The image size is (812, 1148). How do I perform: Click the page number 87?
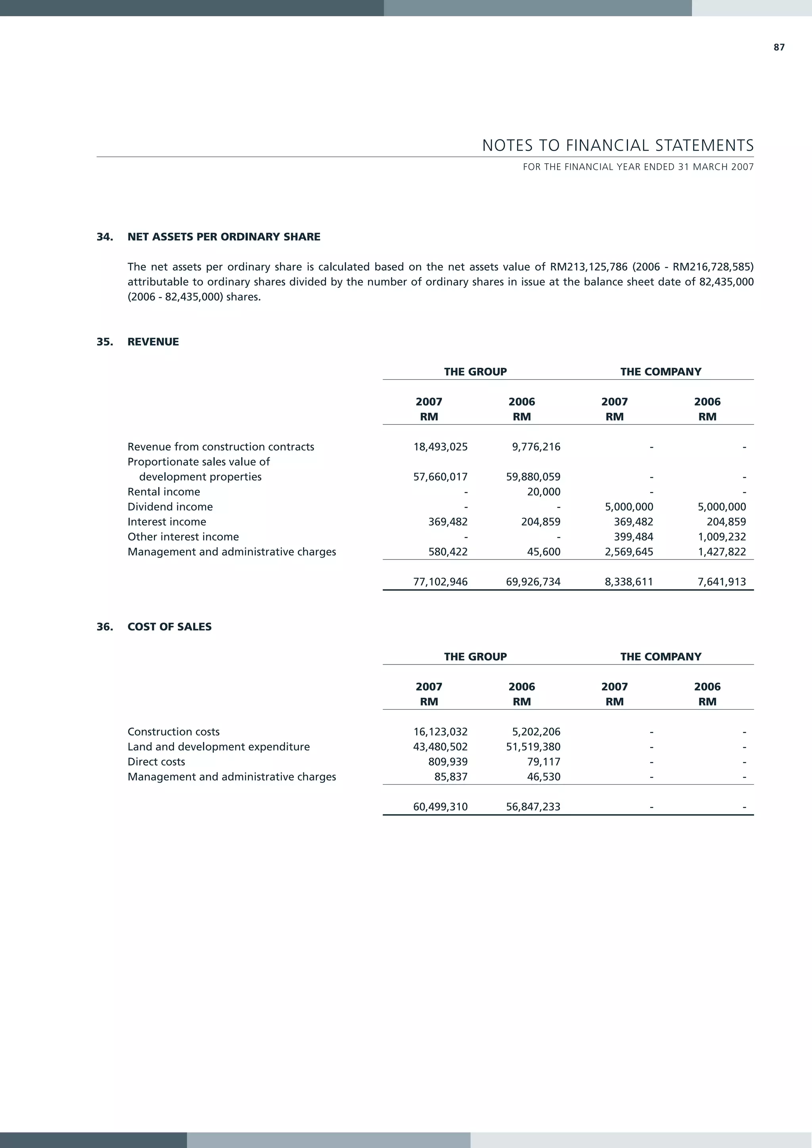coord(779,48)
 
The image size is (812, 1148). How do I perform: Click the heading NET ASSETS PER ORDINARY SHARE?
coord(224,237)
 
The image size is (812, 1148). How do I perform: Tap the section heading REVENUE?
coord(153,342)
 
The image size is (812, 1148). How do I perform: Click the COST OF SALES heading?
coord(169,627)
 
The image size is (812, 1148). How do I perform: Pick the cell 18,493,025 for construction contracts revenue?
coord(440,447)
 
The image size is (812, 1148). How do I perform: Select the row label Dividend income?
coord(170,506)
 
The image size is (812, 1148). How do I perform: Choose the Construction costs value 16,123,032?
coord(440,732)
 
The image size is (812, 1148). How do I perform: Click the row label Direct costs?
coord(156,762)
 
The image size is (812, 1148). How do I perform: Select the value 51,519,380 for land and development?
coord(533,747)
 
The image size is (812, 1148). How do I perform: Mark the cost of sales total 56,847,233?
coord(533,806)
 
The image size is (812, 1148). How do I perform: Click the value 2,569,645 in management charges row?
coord(629,552)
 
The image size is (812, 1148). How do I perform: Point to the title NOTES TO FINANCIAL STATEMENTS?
coord(618,145)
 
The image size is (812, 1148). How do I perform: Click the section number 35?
coord(105,342)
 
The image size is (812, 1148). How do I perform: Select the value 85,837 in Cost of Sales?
coord(451,777)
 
